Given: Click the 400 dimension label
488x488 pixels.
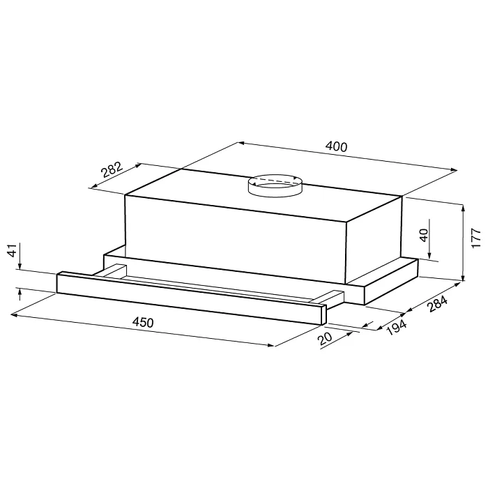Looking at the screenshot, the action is point(336,147).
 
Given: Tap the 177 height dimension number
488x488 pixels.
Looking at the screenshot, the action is point(476,238).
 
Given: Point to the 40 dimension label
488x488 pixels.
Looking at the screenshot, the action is point(424,236).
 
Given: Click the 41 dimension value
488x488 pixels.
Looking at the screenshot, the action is point(13,250).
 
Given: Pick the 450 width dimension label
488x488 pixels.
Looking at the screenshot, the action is point(143,322).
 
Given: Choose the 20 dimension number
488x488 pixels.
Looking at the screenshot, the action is point(326,339).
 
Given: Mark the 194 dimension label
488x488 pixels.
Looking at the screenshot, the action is point(397,328).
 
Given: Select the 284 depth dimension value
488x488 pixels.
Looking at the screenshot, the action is point(437,304).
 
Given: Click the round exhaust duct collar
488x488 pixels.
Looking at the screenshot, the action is point(275,186).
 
